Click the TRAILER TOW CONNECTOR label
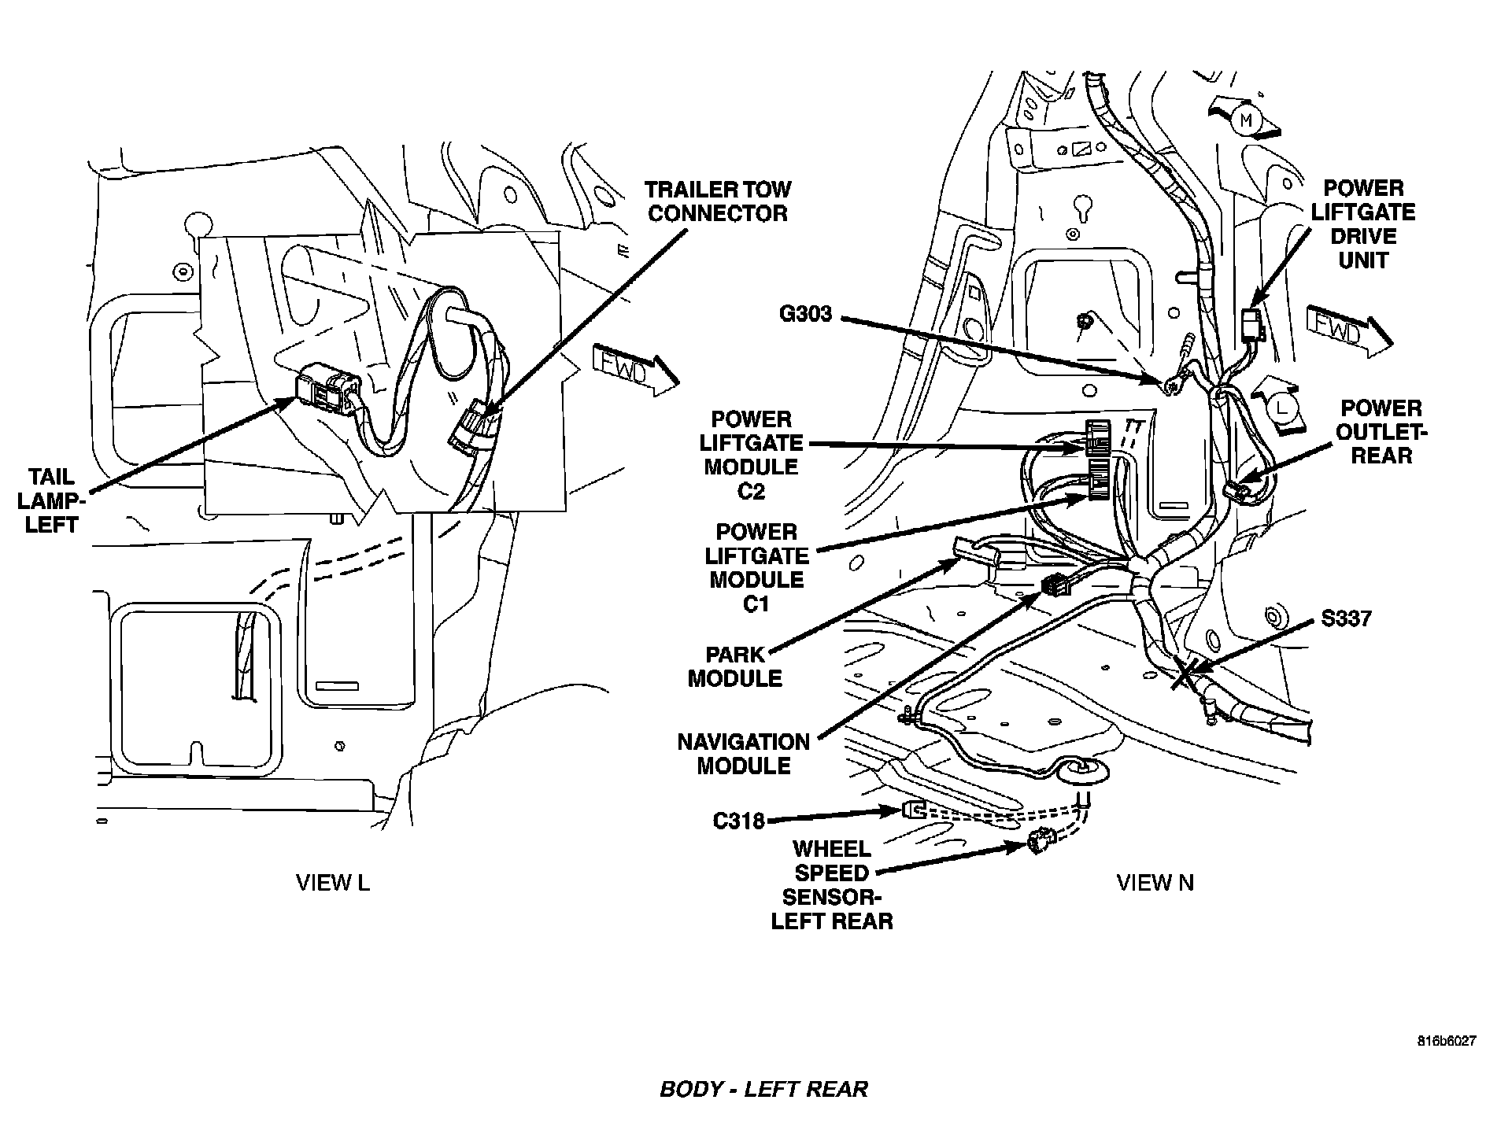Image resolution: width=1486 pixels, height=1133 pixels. click(x=716, y=201)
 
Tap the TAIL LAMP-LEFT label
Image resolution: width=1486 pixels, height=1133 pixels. click(x=52, y=500)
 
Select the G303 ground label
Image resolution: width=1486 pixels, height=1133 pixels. click(x=805, y=314)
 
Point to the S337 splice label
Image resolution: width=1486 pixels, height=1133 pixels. click(x=1347, y=618)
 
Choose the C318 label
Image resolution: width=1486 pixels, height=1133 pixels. click(x=738, y=821)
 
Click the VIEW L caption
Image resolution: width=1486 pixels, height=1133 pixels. click(x=332, y=883)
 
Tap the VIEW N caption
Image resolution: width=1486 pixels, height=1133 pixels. click(x=1155, y=883)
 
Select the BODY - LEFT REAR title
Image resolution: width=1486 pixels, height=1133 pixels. click(x=763, y=1089)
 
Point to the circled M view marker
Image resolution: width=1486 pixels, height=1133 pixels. click(x=1245, y=120)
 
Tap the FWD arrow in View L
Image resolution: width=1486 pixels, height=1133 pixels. click(x=634, y=368)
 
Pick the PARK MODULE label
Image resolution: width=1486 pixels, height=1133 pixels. click(x=735, y=666)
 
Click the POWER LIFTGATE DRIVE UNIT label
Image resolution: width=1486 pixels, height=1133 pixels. click(x=1363, y=224)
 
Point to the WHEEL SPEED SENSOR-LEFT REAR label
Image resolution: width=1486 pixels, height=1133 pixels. click(x=831, y=885)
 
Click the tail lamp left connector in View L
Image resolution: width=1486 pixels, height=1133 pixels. click(x=327, y=390)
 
